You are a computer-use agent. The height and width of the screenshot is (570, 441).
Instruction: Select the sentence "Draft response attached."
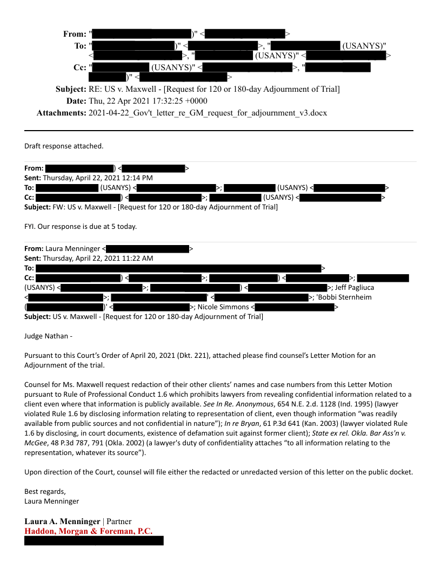[64, 146]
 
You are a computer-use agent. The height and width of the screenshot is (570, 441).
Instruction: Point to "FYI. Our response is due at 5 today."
[81, 226]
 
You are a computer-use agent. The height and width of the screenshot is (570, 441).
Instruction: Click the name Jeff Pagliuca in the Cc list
[354, 288]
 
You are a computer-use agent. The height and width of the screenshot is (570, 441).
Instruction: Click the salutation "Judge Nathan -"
[48, 336]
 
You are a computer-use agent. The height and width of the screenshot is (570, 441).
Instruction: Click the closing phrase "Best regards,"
[45, 492]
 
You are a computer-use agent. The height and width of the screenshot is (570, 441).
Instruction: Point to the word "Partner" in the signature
[119, 522]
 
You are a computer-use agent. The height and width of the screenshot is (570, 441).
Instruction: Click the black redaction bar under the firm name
[93, 541]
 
